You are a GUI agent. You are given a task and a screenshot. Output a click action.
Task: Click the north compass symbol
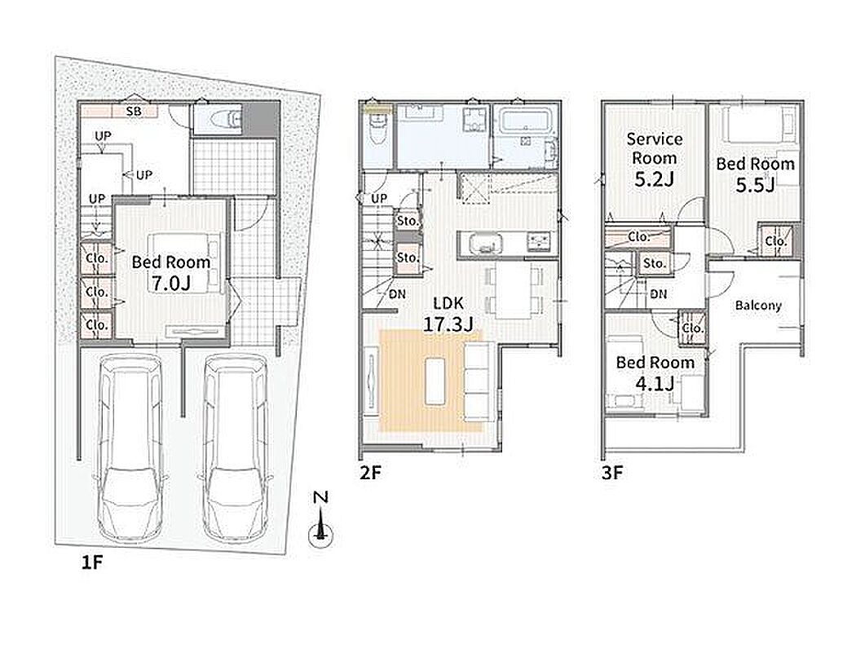321,519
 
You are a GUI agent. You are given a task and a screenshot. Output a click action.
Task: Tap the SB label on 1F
134,112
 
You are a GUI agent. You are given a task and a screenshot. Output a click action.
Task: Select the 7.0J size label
170,283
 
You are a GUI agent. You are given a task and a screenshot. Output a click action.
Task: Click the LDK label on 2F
448,303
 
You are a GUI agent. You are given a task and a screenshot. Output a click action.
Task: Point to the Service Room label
655,148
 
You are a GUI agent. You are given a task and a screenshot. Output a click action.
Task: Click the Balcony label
758,306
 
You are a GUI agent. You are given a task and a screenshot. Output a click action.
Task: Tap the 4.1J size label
655,384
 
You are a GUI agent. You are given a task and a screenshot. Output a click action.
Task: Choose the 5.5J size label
755,186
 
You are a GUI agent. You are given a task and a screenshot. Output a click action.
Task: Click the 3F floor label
612,473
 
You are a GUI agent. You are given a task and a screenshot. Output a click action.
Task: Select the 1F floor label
91,562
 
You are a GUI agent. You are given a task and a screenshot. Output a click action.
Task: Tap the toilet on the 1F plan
223,118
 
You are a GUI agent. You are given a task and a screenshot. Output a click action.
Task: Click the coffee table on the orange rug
435,381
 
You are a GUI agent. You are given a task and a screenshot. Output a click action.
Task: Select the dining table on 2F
513,291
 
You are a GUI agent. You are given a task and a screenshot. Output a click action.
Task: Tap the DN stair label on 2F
397,294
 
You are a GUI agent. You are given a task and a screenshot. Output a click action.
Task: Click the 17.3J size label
448,324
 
